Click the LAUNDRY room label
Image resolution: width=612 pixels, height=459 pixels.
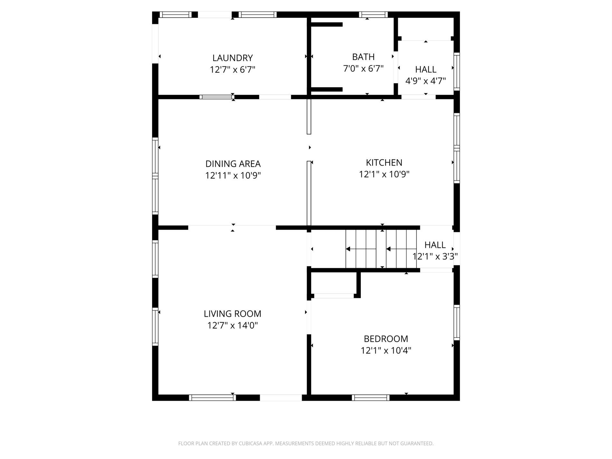coord(232,58)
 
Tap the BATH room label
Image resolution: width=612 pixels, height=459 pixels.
coord(363,57)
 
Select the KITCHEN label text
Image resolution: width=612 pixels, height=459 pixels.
coord(384,163)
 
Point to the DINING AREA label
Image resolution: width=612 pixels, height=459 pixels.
coord(233,164)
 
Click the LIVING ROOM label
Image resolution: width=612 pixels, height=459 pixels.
coord(232,314)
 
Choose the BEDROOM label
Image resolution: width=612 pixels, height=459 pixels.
coord(386,339)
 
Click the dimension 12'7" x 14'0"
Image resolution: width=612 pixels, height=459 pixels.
coord(232,326)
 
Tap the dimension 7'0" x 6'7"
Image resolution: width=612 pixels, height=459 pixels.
coord(363,69)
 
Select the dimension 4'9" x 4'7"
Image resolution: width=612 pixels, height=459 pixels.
coord(425,81)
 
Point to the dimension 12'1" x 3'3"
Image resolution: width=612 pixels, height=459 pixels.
coord(435,257)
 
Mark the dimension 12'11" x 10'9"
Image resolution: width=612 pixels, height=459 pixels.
coord(233,176)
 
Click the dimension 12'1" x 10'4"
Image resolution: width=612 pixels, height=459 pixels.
coord(386,350)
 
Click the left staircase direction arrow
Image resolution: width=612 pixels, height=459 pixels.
coord(348,249)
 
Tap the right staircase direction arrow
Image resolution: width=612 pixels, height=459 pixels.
coord(388,249)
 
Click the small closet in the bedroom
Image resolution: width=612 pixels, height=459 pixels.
coord(334,283)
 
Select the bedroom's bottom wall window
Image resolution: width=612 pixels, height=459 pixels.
coord(370,398)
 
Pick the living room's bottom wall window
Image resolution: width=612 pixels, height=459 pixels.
coord(212,398)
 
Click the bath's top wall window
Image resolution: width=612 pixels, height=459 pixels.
coord(373,14)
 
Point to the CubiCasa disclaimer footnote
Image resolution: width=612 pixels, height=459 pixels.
coord(306,444)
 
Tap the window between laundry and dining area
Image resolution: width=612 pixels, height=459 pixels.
coord(216,97)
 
